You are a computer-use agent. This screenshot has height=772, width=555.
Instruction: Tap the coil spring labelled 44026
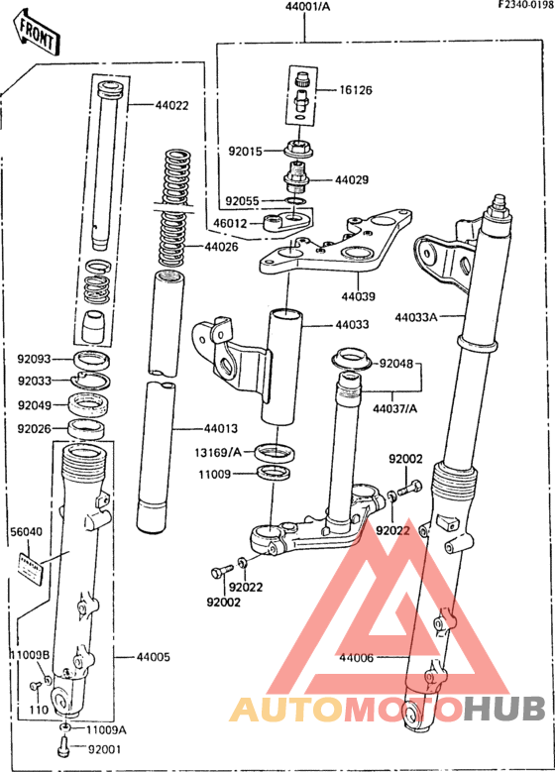click(176, 208)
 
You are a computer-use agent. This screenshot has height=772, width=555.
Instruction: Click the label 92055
click(241, 200)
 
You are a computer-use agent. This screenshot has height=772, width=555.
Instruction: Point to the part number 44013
click(220, 429)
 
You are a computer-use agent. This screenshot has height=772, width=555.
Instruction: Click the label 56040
click(28, 532)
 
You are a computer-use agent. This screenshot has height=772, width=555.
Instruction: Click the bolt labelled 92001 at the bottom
click(64, 747)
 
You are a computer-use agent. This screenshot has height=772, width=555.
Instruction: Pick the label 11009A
click(107, 729)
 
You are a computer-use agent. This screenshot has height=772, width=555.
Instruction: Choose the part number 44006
click(357, 657)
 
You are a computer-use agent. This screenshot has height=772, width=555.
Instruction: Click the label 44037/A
click(395, 407)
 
